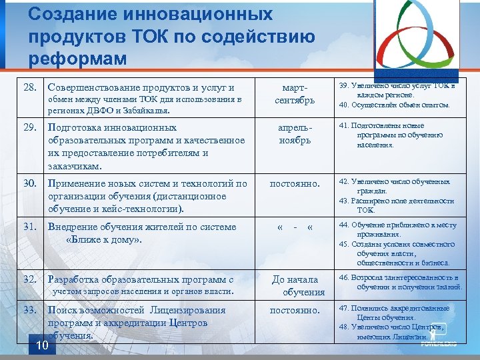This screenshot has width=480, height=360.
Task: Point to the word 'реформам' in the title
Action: point(77,59)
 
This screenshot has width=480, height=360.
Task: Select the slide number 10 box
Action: point(42,345)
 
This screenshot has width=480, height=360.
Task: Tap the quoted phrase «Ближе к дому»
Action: point(105,239)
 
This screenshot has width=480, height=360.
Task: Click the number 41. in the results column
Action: point(345,125)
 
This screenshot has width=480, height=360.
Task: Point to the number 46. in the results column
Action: point(345,277)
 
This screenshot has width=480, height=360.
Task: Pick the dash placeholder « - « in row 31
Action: point(295,227)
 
